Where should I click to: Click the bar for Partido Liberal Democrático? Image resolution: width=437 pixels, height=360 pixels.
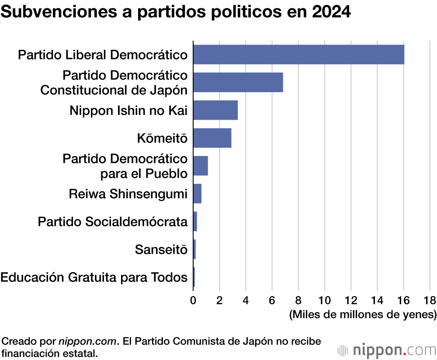pyautogui.click(x=298, y=55)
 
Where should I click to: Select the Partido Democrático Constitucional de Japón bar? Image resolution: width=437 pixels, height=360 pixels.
pyautogui.click(x=238, y=82)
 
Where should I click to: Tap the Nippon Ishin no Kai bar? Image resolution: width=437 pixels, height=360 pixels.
pyautogui.click(x=215, y=110)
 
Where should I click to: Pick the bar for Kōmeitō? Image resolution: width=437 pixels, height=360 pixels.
pyautogui.click(x=212, y=138)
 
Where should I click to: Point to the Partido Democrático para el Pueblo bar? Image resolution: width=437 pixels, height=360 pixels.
pyautogui.click(x=201, y=166)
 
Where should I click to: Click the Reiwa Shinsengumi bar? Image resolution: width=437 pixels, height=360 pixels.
pyautogui.click(x=197, y=194)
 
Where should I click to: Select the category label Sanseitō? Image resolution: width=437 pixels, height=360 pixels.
pyautogui.click(x=161, y=250)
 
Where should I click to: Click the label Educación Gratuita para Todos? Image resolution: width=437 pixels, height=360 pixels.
pyautogui.click(x=94, y=277)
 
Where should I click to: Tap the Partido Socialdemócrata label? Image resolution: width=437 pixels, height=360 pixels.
pyautogui.click(x=113, y=222)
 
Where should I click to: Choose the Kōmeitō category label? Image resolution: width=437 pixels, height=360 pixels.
pyautogui.click(x=162, y=139)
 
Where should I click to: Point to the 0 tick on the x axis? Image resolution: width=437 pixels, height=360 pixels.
pyautogui.click(x=193, y=300)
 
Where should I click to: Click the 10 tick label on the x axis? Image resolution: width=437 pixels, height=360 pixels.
pyautogui.click(x=325, y=300)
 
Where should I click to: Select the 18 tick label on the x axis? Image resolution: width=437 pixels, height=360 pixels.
pyautogui.click(x=430, y=300)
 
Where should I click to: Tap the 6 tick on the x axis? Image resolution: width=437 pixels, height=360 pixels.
pyautogui.click(x=272, y=300)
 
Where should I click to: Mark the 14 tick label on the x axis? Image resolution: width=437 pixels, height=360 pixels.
pyautogui.click(x=377, y=300)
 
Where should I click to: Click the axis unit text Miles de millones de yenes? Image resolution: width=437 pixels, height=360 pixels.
pyautogui.click(x=363, y=315)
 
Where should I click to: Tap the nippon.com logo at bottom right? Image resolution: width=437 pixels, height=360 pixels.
pyautogui.click(x=387, y=350)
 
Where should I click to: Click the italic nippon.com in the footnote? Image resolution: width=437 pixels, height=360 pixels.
pyautogui.click(x=87, y=341)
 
